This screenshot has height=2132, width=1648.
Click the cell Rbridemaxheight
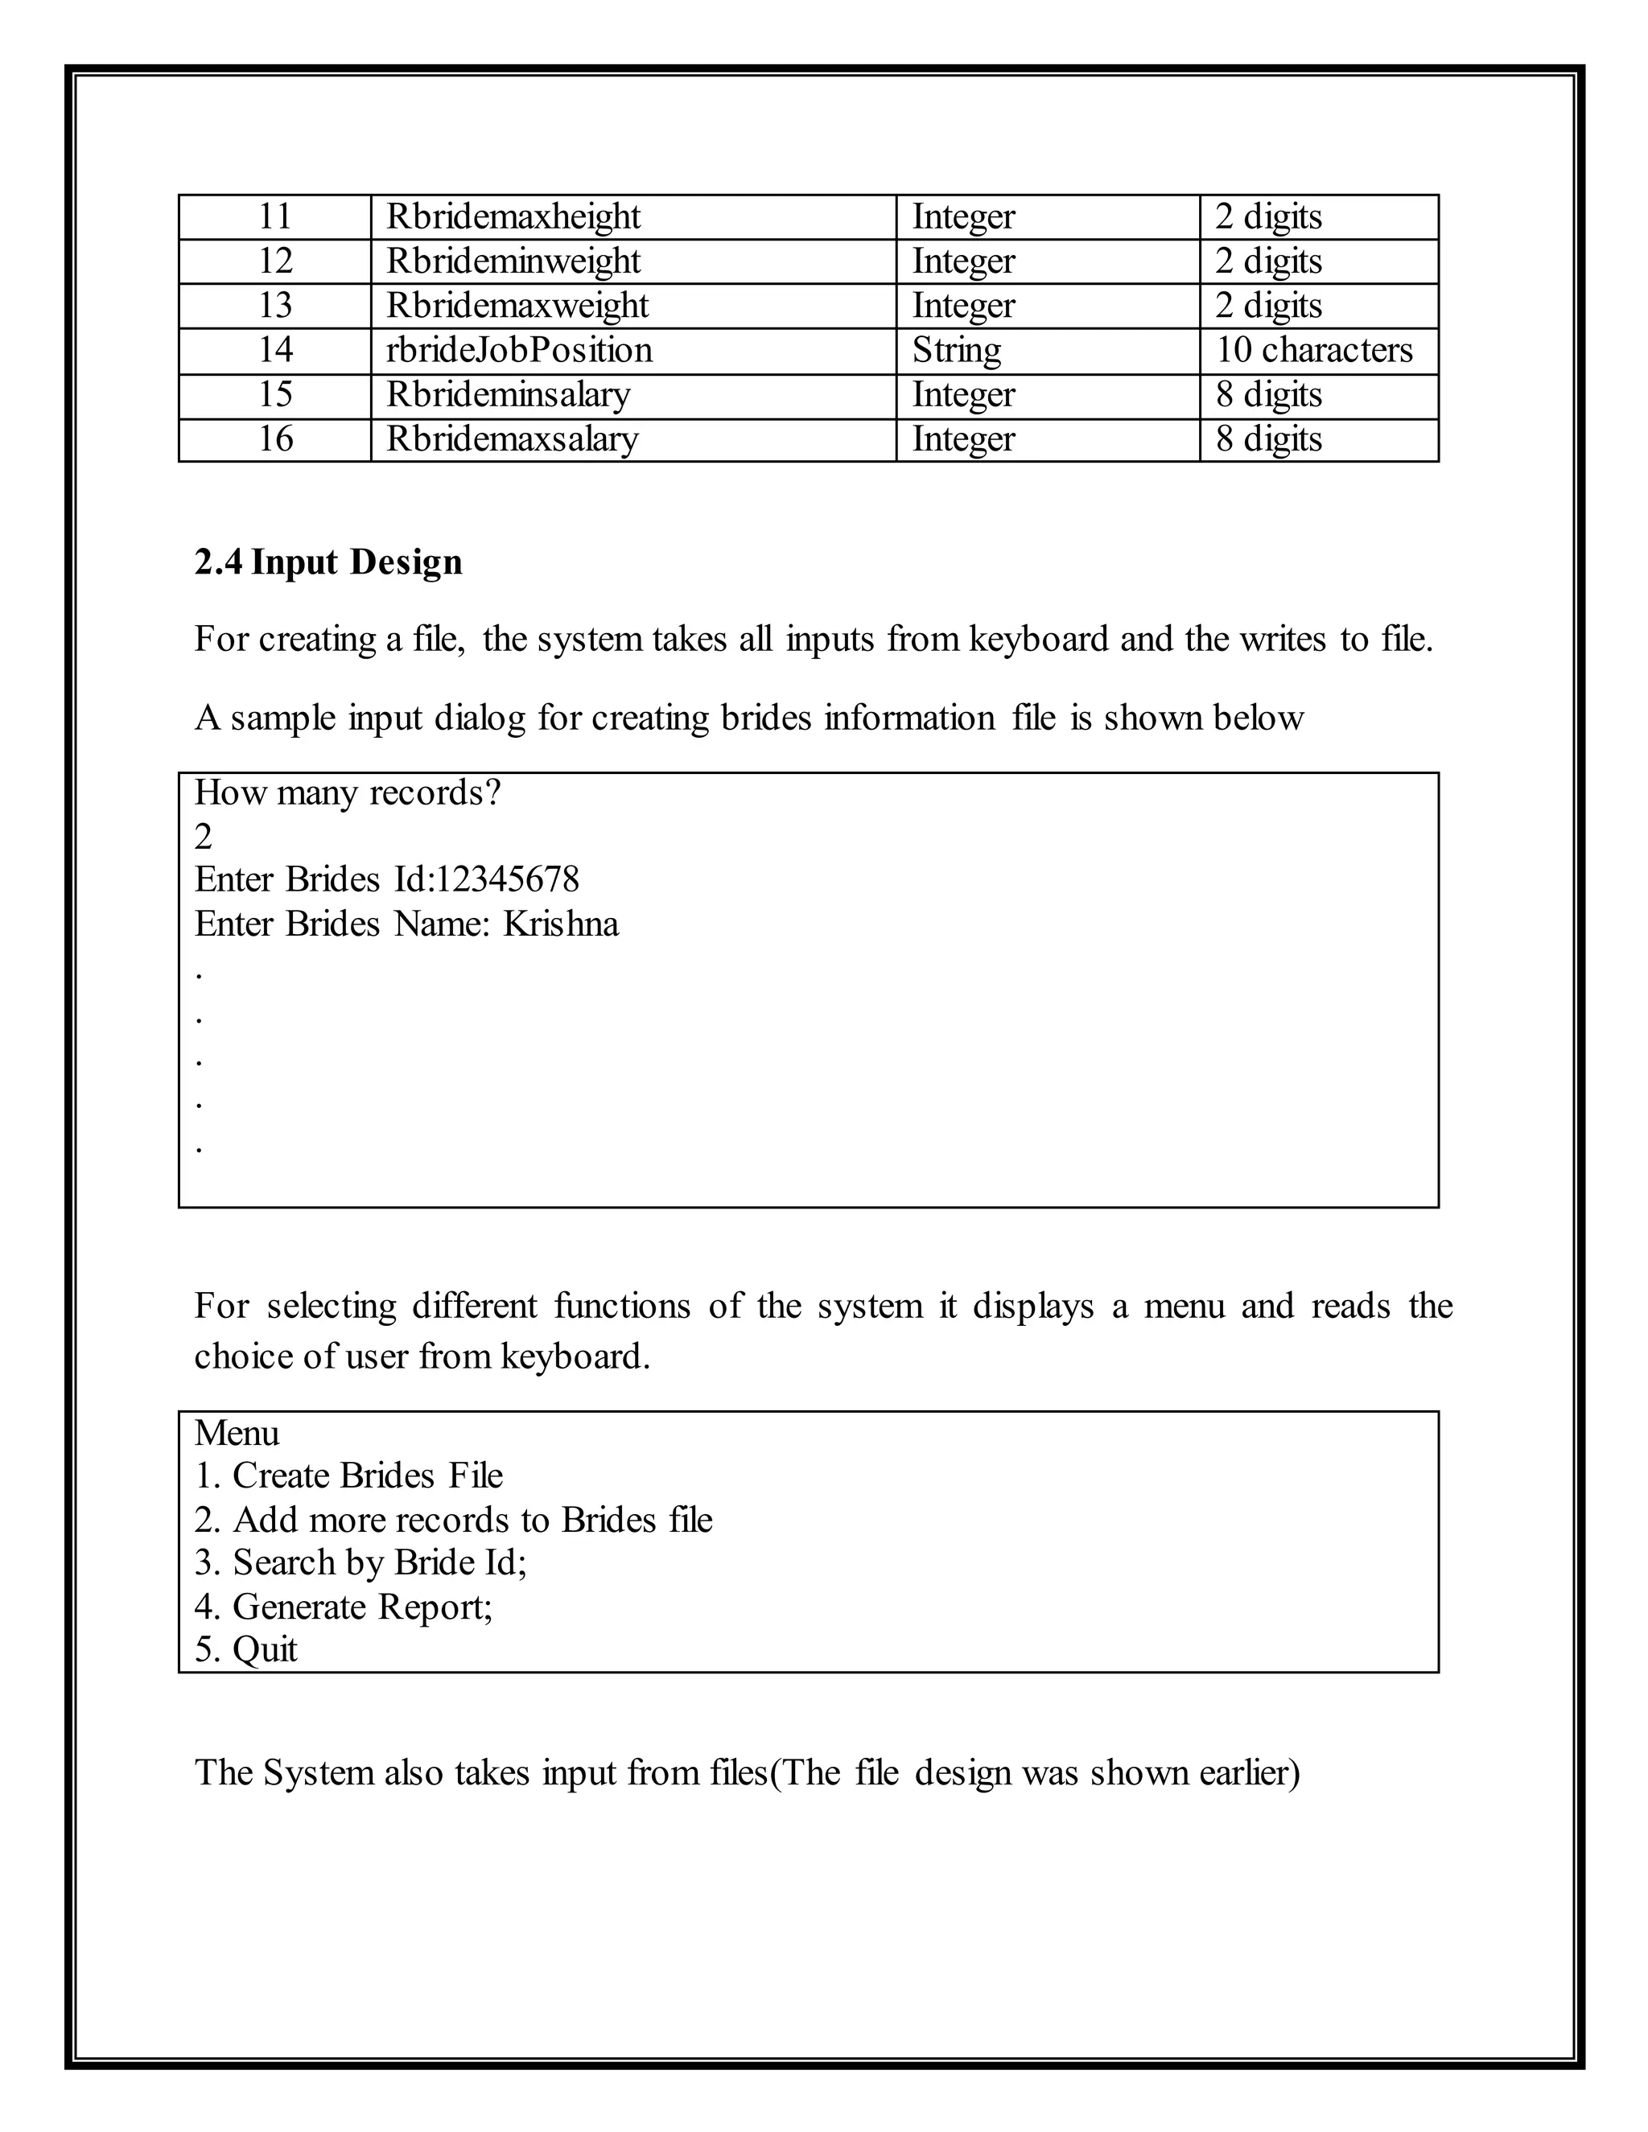coord(513,216)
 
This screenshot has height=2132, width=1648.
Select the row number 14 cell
coord(275,351)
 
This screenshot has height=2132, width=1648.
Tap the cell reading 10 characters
coord(1313,351)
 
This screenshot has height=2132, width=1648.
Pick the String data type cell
coord(956,351)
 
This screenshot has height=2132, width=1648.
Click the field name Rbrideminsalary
coord(508,395)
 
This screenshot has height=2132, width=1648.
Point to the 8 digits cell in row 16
coord(1268,439)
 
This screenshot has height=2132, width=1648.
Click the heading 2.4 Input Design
coord(328,563)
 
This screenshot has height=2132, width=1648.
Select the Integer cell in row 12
coord(962,261)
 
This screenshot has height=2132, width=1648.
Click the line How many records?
coord(348,792)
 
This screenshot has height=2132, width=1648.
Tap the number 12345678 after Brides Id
coord(507,879)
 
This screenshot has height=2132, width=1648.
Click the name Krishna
coord(560,924)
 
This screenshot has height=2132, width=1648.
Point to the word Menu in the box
coord(237,1433)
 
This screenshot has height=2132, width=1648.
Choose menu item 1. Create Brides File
coord(348,1476)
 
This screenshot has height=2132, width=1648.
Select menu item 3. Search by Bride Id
coord(360,1563)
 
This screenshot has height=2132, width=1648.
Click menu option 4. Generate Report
coord(344,1607)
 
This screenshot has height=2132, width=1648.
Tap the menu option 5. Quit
coord(246,1650)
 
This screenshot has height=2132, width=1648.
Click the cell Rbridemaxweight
coord(517,307)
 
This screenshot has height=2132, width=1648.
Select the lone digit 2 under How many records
coord(203,837)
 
